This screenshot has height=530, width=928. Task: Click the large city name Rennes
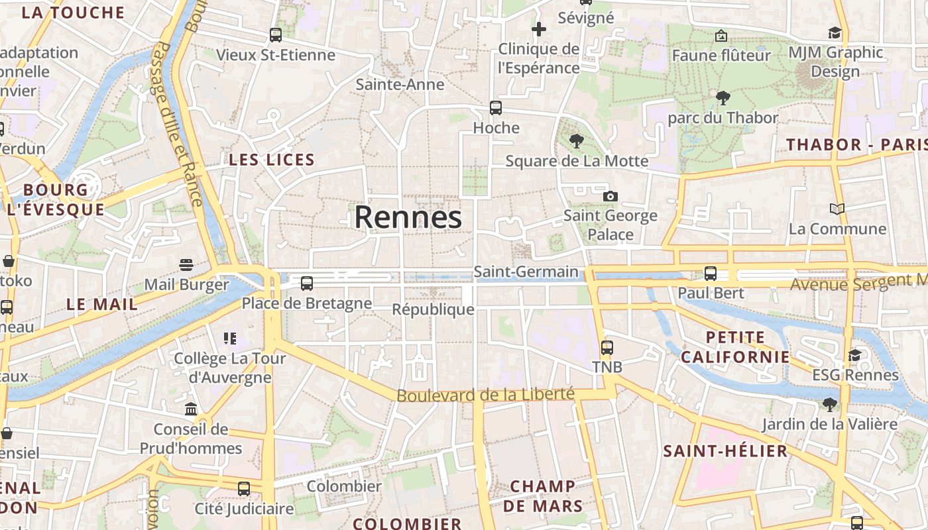pos(408,217)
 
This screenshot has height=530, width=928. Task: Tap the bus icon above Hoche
pos(495,107)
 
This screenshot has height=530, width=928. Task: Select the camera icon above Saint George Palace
pos(610,196)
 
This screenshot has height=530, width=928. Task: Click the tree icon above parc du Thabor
pos(723,98)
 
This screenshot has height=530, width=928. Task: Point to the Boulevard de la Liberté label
pos(485,394)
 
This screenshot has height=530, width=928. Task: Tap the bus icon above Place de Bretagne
pos(306,284)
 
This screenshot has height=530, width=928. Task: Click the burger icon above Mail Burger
pos(186,265)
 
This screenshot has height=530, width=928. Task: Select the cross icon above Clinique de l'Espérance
pos(539,29)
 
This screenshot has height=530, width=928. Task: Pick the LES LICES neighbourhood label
pos(272,160)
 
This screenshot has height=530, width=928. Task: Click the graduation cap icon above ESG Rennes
pos(854,355)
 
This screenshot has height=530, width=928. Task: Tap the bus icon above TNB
pos(607,347)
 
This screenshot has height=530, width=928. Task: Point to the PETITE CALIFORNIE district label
pos(735,347)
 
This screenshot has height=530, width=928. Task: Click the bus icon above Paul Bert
pos(711,273)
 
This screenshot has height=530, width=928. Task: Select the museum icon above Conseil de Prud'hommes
pos(191,409)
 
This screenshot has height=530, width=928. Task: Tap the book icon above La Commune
pos(837,209)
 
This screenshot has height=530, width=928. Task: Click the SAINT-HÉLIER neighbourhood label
pos(725,451)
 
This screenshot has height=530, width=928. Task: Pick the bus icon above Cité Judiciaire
pos(244,489)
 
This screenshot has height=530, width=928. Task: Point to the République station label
pos(433,309)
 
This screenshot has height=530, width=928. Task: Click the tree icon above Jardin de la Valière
pos(829,404)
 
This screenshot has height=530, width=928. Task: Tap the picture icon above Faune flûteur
pos(721,36)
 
